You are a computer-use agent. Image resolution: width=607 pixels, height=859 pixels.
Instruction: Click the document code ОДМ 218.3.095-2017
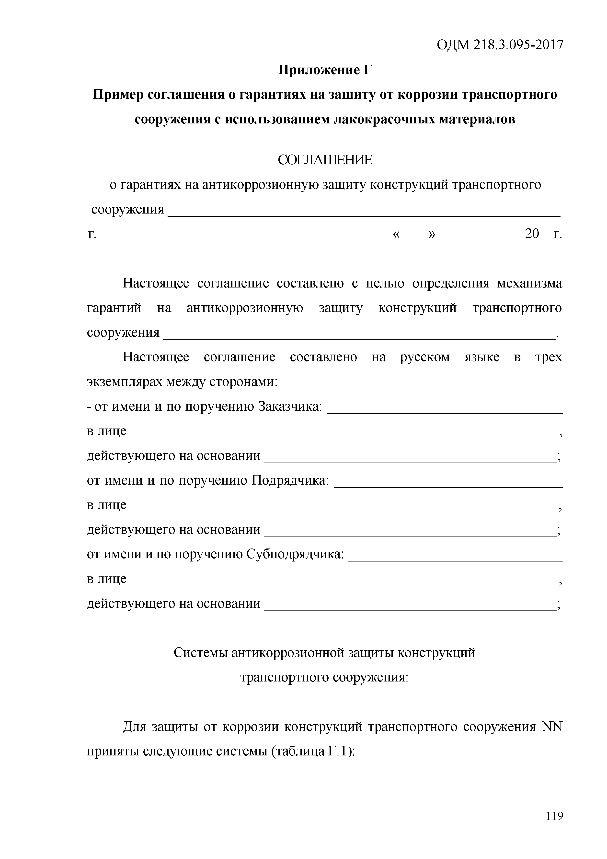pos(500,45)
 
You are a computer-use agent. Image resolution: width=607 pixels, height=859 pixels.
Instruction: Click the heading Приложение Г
pos(325,70)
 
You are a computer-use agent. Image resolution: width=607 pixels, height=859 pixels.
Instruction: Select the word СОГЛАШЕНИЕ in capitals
pos(325,160)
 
